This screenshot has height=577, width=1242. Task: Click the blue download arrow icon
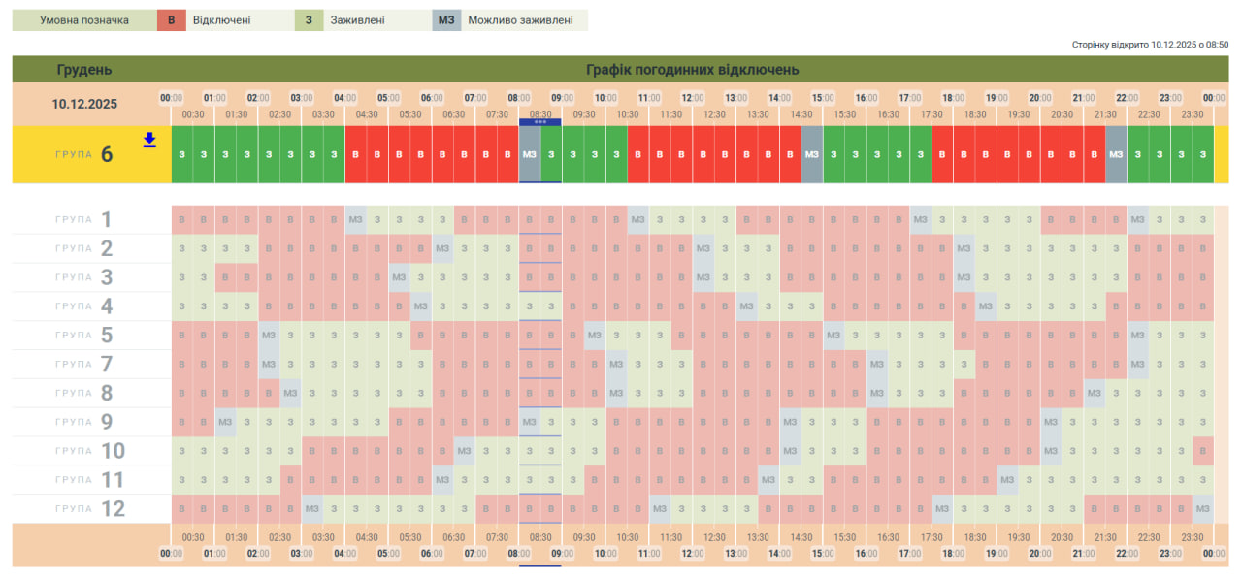149,140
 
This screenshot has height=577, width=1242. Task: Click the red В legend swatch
171,20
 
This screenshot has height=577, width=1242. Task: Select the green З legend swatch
309,20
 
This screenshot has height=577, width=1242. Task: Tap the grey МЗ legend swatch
446,20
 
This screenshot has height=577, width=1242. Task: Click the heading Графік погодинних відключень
692,70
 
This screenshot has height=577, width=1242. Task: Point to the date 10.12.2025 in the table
84,104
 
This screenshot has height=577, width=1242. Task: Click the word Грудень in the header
84,70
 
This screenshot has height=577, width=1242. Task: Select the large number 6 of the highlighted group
107,154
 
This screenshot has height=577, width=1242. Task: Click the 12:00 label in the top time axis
693,98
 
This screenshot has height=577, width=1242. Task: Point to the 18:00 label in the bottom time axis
953,554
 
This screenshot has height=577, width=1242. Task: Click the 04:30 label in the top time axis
367,114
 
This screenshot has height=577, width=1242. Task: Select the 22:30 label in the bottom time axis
1149,537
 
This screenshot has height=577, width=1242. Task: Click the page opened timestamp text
1150,45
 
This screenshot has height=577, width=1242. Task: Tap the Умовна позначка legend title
84,20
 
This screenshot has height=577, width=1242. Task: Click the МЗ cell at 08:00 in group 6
530,154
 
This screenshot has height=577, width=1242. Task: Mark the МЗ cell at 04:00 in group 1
356,219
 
